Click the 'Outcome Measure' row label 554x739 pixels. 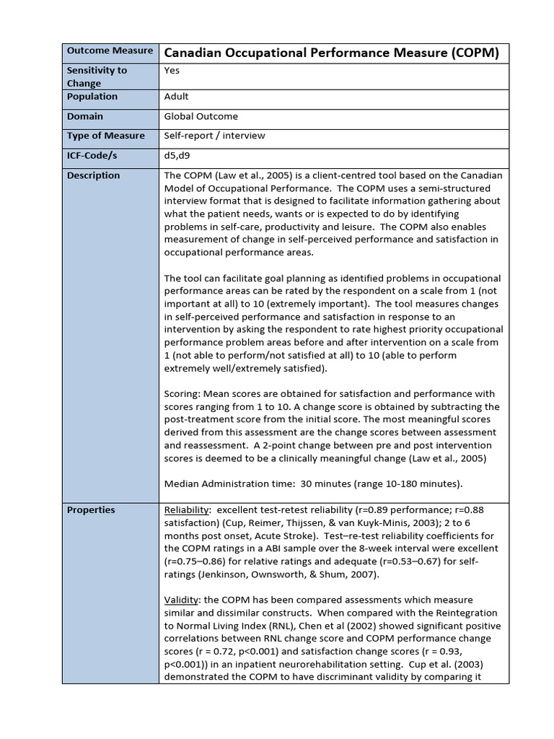click(x=110, y=51)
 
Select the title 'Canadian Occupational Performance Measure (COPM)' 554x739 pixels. click(x=332, y=53)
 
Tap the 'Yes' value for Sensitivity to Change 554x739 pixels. click(x=172, y=71)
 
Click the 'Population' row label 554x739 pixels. click(x=92, y=97)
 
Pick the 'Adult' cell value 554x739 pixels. click(x=177, y=97)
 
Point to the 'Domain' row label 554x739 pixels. click(x=85, y=116)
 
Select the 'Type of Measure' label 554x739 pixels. click(x=105, y=136)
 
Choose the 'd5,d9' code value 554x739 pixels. click(x=177, y=155)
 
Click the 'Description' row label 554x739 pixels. click(x=93, y=175)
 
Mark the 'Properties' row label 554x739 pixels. click(x=91, y=510)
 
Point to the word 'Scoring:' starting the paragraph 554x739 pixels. click(x=183, y=394)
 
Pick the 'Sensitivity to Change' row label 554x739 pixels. click(x=97, y=76)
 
